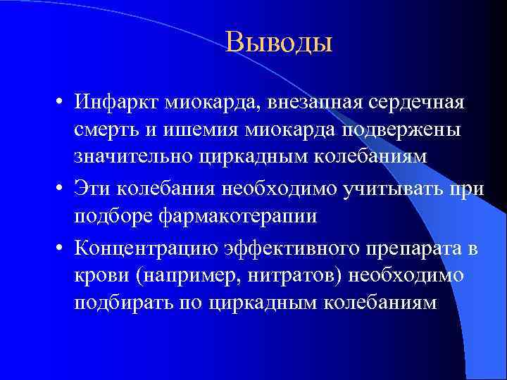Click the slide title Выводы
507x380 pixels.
[x=279, y=44]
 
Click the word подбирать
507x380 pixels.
[x=126, y=302]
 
